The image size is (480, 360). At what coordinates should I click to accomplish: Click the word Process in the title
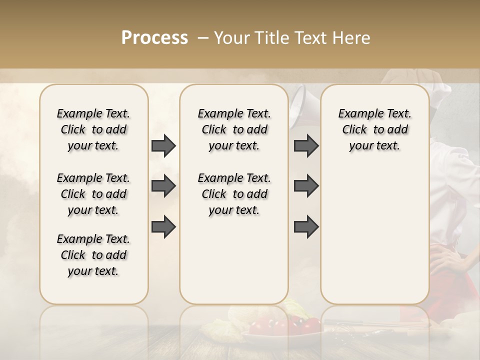tap(154, 38)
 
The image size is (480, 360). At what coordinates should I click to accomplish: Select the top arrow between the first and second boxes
tap(163, 145)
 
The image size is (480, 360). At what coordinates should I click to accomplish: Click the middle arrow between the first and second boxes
tap(163, 186)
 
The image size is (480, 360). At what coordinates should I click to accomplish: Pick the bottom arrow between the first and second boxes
tap(163, 226)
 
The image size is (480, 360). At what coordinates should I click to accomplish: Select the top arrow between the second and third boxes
tap(306, 145)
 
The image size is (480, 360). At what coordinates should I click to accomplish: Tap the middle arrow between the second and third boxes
tap(306, 186)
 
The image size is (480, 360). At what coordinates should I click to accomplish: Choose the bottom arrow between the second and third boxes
tap(306, 226)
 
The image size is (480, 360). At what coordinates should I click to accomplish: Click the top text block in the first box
tap(93, 129)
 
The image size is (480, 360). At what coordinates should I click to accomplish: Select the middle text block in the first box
tap(93, 194)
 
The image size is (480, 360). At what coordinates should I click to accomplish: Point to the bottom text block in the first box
tap(93, 255)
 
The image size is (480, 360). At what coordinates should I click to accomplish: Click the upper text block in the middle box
tap(234, 129)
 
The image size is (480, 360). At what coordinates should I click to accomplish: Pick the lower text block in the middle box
tap(234, 194)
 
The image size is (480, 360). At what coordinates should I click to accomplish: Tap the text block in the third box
tap(374, 129)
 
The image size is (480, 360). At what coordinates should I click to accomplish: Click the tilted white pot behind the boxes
tap(305, 102)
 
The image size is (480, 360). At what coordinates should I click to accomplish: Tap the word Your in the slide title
tap(229, 38)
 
